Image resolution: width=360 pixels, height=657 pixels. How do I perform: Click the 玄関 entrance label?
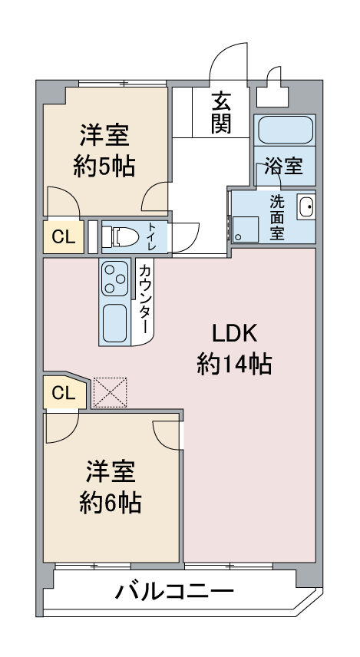[x=222, y=112]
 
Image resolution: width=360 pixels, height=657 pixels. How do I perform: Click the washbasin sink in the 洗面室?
[x=305, y=207]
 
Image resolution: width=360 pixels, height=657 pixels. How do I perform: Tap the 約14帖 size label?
[x=234, y=365]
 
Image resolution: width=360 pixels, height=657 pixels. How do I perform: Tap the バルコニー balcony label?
[x=174, y=592]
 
